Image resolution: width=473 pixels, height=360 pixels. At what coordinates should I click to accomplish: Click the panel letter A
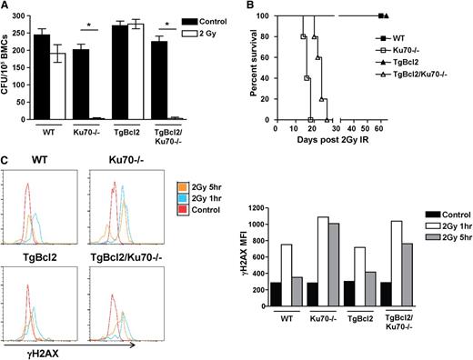point(6,7)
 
